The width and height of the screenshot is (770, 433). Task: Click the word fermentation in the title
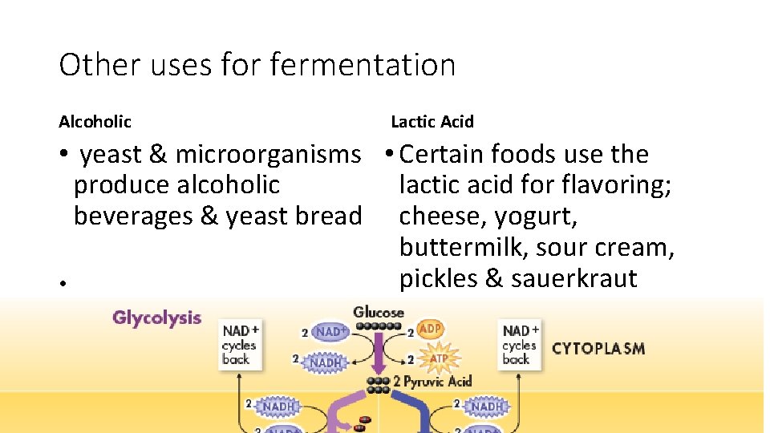click(363, 65)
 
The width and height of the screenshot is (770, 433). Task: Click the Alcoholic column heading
click(95, 122)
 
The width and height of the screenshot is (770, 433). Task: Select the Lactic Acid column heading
click(432, 122)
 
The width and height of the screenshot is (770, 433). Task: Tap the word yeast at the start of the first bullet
click(111, 154)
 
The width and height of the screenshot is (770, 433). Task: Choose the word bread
click(329, 216)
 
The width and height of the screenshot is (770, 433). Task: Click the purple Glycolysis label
click(156, 318)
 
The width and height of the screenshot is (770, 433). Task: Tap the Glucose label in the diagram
click(379, 312)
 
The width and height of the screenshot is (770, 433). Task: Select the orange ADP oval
click(430, 329)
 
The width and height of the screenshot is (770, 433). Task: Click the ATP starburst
click(437, 358)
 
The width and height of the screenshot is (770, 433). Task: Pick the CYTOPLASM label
click(598, 349)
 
